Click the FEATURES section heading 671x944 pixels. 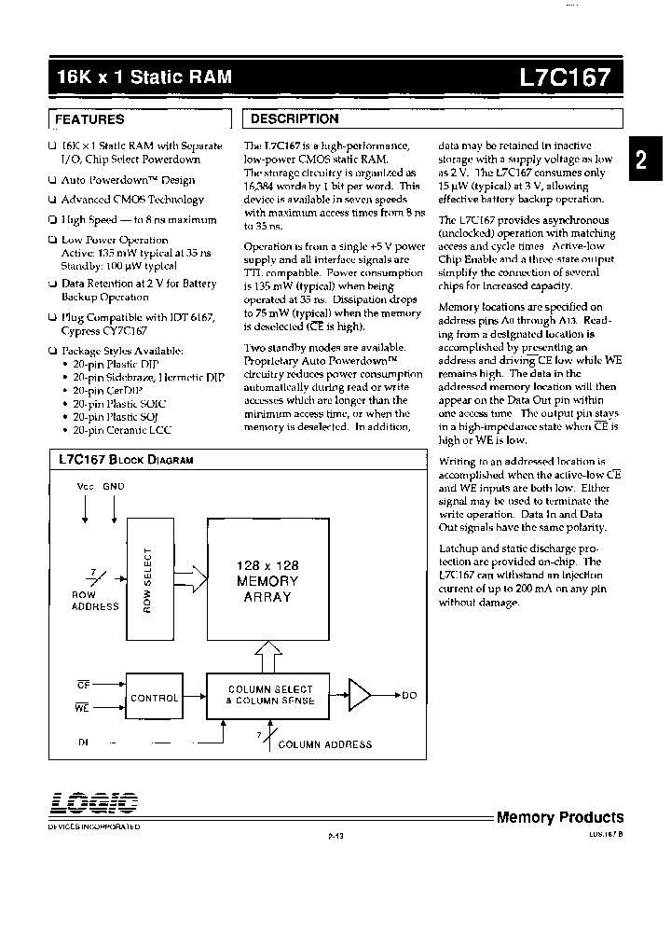pos(89,119)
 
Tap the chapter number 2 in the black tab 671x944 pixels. pos(640,160)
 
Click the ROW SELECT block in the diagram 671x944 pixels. pos(149,578)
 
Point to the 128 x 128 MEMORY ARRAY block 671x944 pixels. pos(267,581)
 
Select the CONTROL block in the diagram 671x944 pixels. pos(154,697)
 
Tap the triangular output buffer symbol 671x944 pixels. pos(358,695)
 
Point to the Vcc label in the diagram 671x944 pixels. pos(85,487)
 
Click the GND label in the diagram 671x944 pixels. pos(114,487)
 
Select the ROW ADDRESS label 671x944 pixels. pos(95,600)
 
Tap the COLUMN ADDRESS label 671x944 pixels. pos(324,744)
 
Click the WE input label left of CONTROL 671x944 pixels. pos(81,709)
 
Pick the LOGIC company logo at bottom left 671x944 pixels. pos(93,803)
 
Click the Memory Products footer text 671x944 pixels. pos(559,817)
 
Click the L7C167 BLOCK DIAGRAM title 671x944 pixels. pos(125,460)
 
